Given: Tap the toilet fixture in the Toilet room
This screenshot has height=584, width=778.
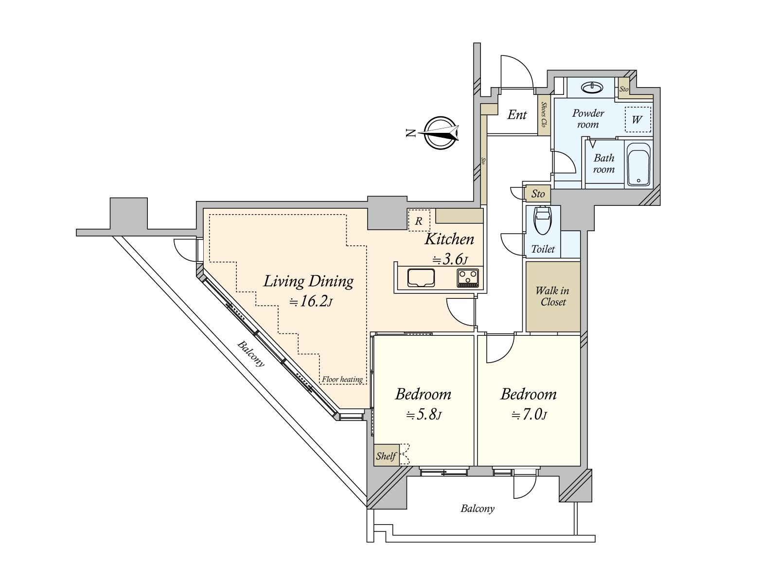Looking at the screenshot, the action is click(542, 220).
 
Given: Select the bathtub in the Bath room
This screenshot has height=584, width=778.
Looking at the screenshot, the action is click(638, 164).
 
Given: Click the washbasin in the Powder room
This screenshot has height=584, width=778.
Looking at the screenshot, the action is click(592, 87).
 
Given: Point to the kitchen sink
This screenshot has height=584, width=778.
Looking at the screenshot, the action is click(421, 277).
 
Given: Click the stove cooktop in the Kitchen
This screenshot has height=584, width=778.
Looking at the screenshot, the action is click(468, 278).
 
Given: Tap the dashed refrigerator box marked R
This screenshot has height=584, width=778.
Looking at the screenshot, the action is click(419, 220).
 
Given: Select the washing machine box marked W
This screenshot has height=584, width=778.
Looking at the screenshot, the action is click(637, 120).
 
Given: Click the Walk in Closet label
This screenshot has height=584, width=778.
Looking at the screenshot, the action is click(552, 296).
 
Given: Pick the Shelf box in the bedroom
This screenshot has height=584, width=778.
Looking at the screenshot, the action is click(387, 455).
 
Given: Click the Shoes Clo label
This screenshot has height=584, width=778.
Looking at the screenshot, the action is click(543, 114).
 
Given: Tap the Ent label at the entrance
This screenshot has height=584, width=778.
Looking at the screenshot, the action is click(517, 114).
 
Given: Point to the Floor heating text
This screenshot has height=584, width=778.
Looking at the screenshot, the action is click(342, 380).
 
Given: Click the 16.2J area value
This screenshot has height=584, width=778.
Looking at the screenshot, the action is click(311, 301).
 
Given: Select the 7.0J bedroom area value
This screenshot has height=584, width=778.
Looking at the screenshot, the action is click(529, 414).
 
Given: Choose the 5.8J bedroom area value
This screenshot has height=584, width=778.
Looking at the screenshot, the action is click(424, 414).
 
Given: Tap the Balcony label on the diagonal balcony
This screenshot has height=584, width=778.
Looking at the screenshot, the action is click(251, 353).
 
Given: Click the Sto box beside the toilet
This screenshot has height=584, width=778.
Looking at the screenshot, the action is click(538, 194).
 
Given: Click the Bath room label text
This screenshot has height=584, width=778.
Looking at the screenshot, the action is click(604, 164).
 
